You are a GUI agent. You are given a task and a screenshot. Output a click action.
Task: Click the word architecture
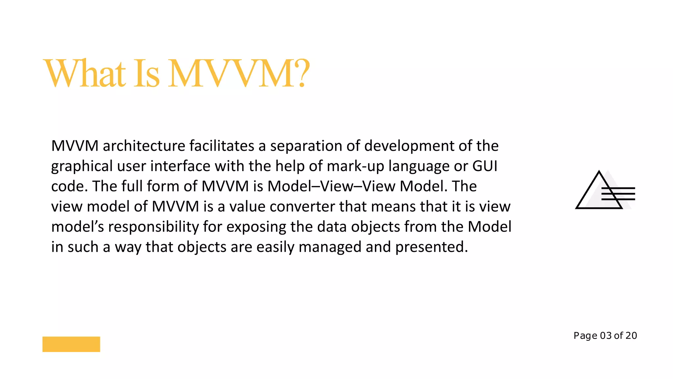(144, 146)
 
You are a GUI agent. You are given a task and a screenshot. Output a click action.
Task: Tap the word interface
(180, 166)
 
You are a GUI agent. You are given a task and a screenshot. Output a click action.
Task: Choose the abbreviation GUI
(485, 166)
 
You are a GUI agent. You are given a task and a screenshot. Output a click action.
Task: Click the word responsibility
(153, 227)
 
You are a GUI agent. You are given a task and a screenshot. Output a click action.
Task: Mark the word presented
(431, 247)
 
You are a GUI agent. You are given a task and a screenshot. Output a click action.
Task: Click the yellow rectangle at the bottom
(71, 344)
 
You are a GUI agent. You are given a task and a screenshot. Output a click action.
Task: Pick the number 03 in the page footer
(606, 336)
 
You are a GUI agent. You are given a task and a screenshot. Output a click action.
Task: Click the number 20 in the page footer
(631, 336)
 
